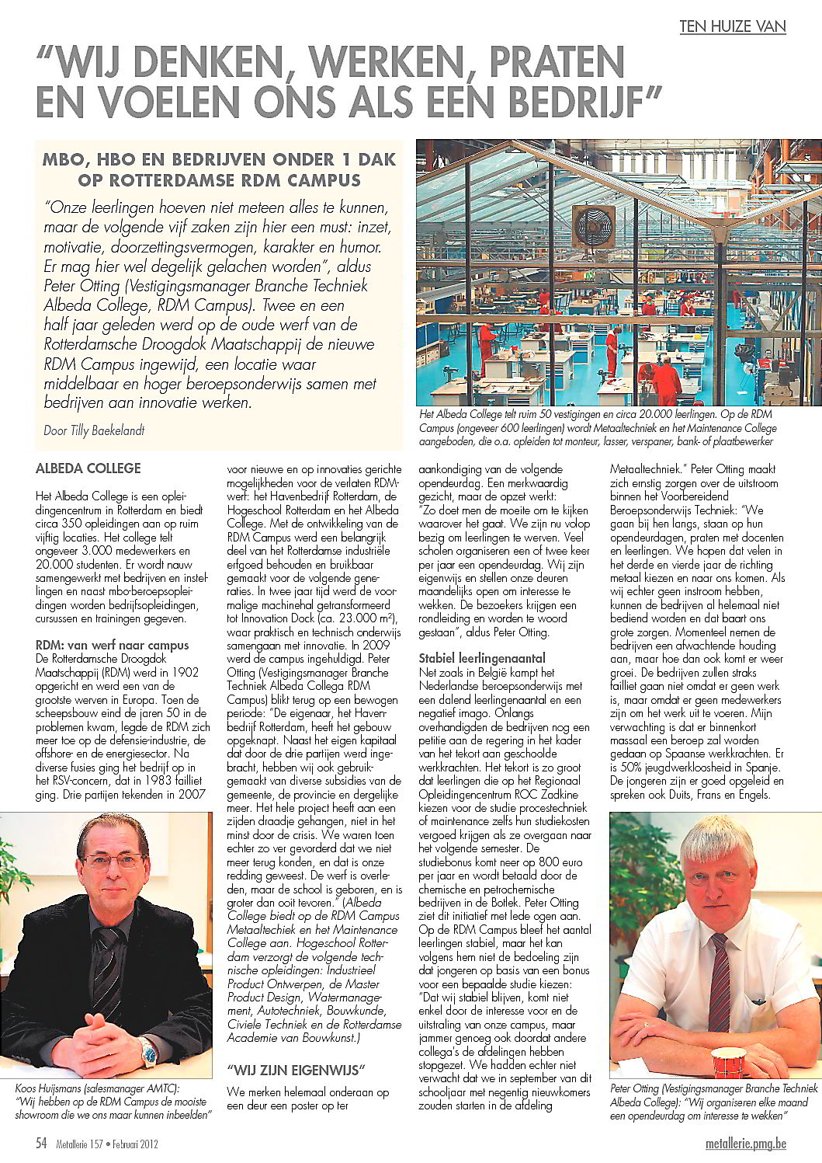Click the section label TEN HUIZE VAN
pos(733,26)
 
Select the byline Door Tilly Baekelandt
pos(94,430)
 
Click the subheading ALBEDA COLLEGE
pos(88,468)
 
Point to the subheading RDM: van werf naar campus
pos(113,645)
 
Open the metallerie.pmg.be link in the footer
pos(746,1144)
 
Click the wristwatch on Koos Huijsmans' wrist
pos(147,1053)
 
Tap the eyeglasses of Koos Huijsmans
pos(113,861)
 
